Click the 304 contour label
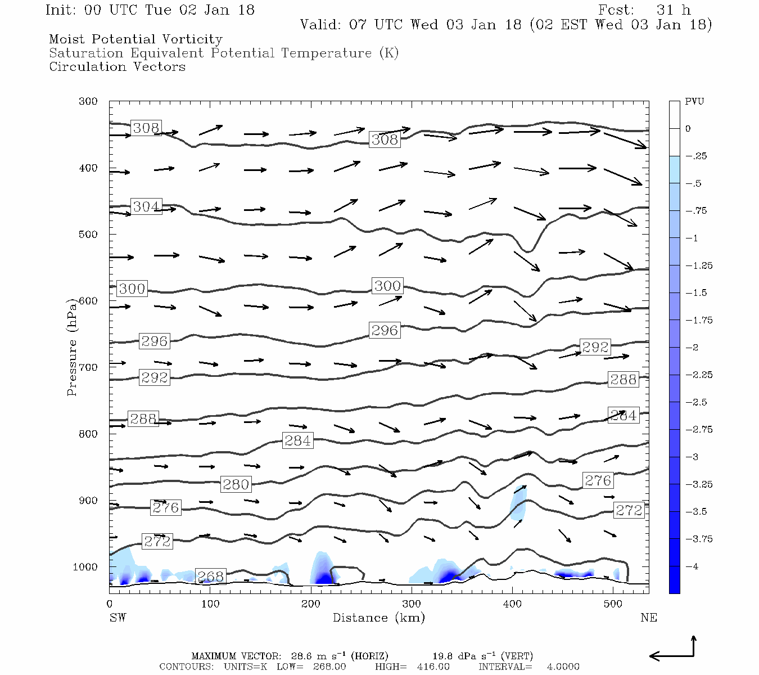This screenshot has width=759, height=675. (146, 207)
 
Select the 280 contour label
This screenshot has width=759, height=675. (236, 484)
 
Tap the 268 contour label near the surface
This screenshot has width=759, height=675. (211, 577)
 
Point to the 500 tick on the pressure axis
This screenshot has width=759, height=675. (88, 235)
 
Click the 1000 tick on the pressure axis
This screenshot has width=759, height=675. (85, 567)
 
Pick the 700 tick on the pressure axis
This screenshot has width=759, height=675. (88, 367)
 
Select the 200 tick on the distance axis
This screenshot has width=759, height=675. (310, 604)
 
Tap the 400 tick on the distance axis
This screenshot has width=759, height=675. (512, 604)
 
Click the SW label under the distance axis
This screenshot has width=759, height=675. (118, 618)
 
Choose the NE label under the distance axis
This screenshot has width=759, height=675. (648, 618)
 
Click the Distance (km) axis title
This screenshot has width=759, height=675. (378, 618)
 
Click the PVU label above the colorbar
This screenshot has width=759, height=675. (694, 102)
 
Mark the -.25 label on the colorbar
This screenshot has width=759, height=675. (696, 156)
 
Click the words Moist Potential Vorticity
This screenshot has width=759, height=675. (135, 39)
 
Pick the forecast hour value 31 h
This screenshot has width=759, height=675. (673, 10)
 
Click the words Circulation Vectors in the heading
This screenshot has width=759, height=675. (117, 67)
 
